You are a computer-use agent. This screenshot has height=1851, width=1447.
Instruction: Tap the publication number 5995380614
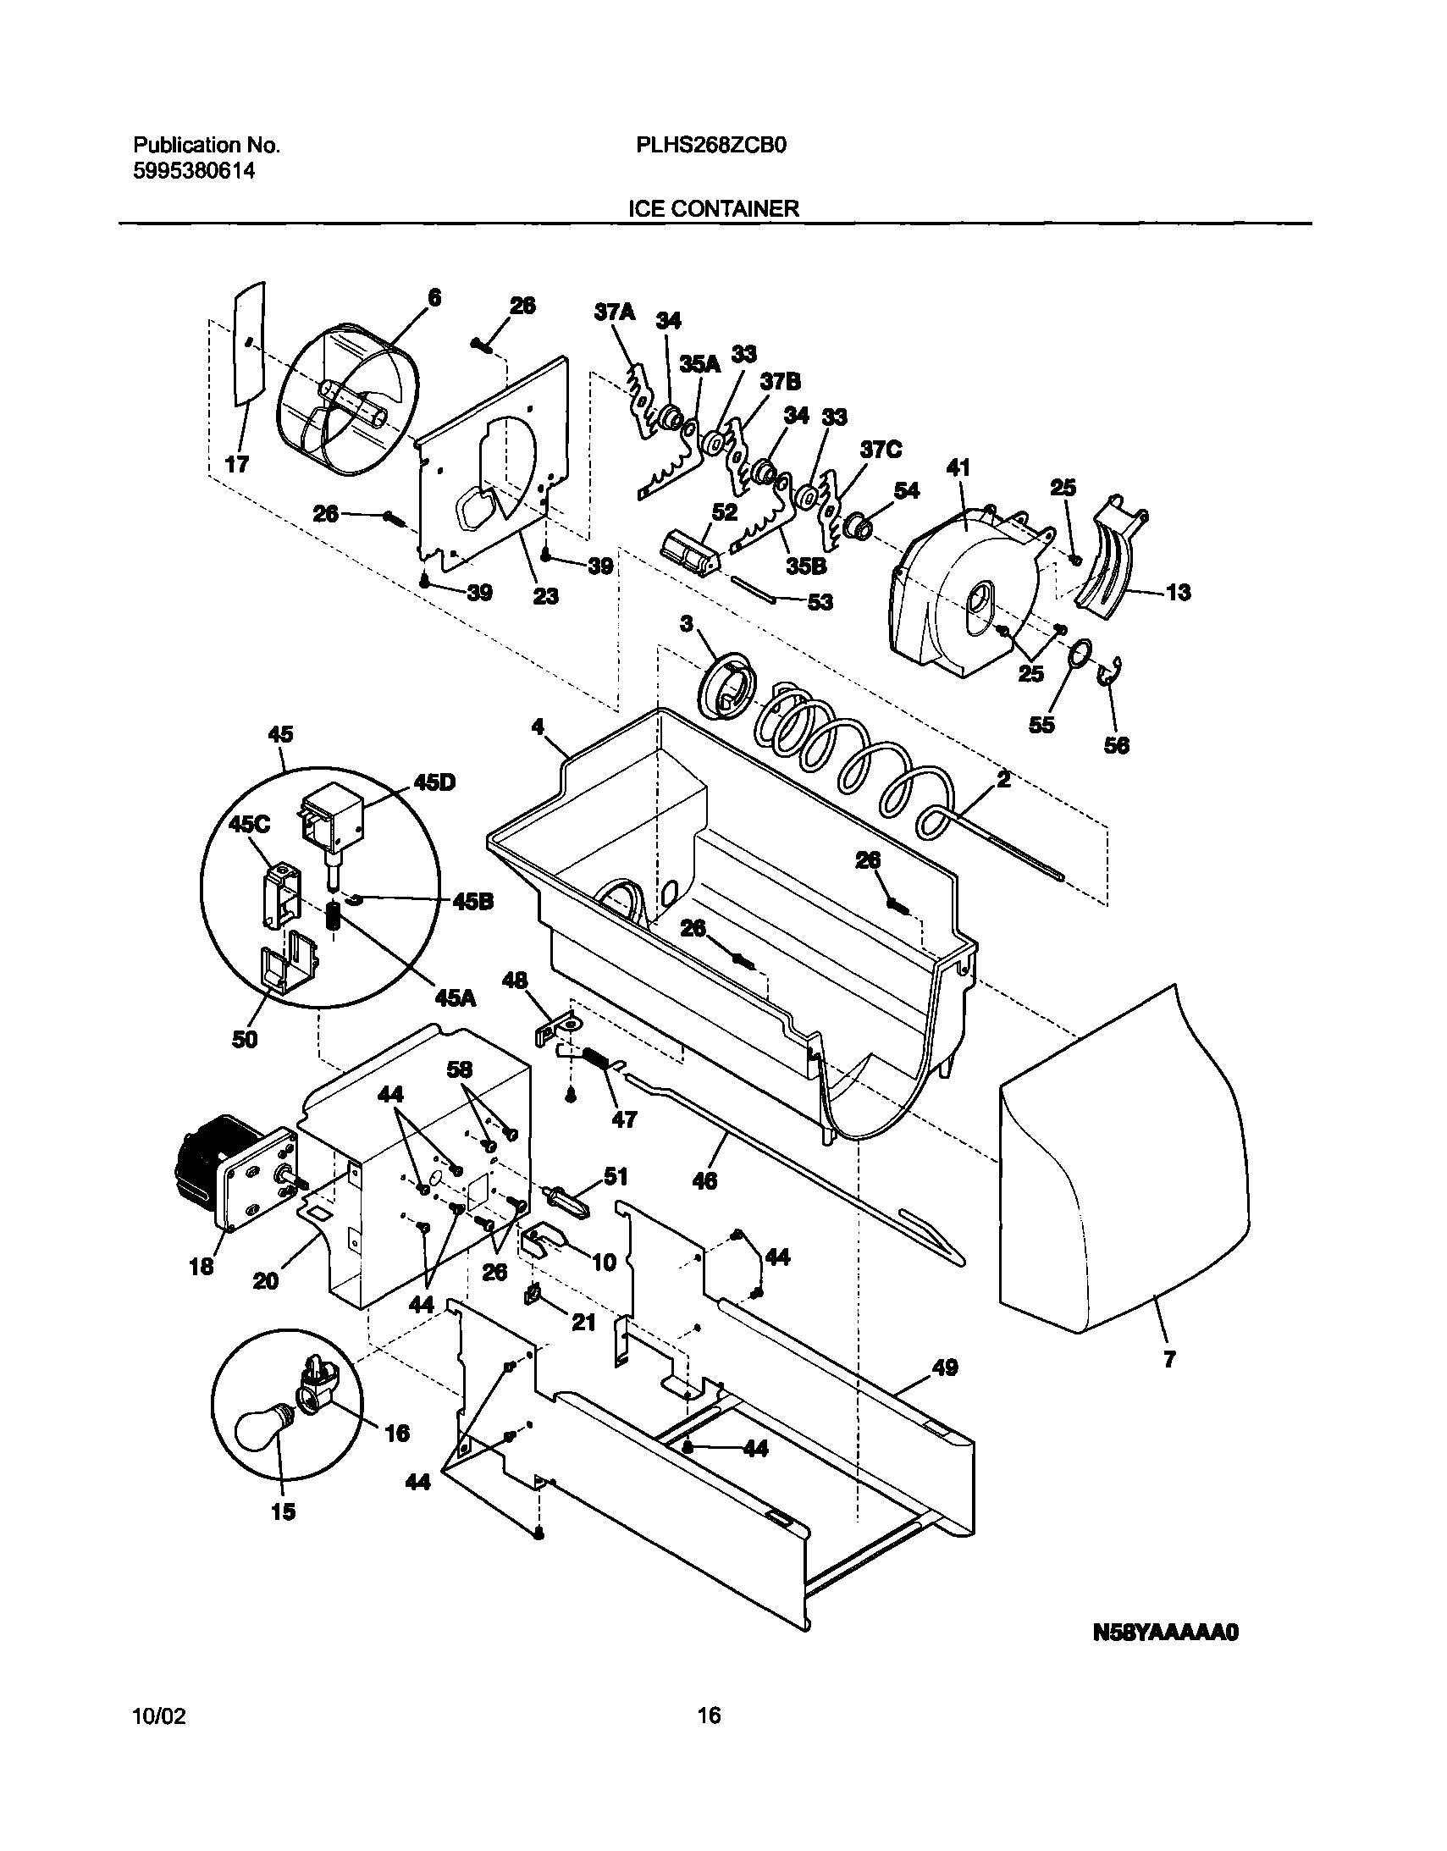194,171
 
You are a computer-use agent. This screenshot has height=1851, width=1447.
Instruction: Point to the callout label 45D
434,782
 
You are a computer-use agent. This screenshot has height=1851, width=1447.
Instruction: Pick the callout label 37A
614,312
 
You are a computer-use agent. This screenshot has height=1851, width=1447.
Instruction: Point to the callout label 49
944,1367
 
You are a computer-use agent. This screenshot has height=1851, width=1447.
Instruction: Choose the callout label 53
820,602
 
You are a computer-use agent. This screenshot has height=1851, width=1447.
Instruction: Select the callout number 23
545,596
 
